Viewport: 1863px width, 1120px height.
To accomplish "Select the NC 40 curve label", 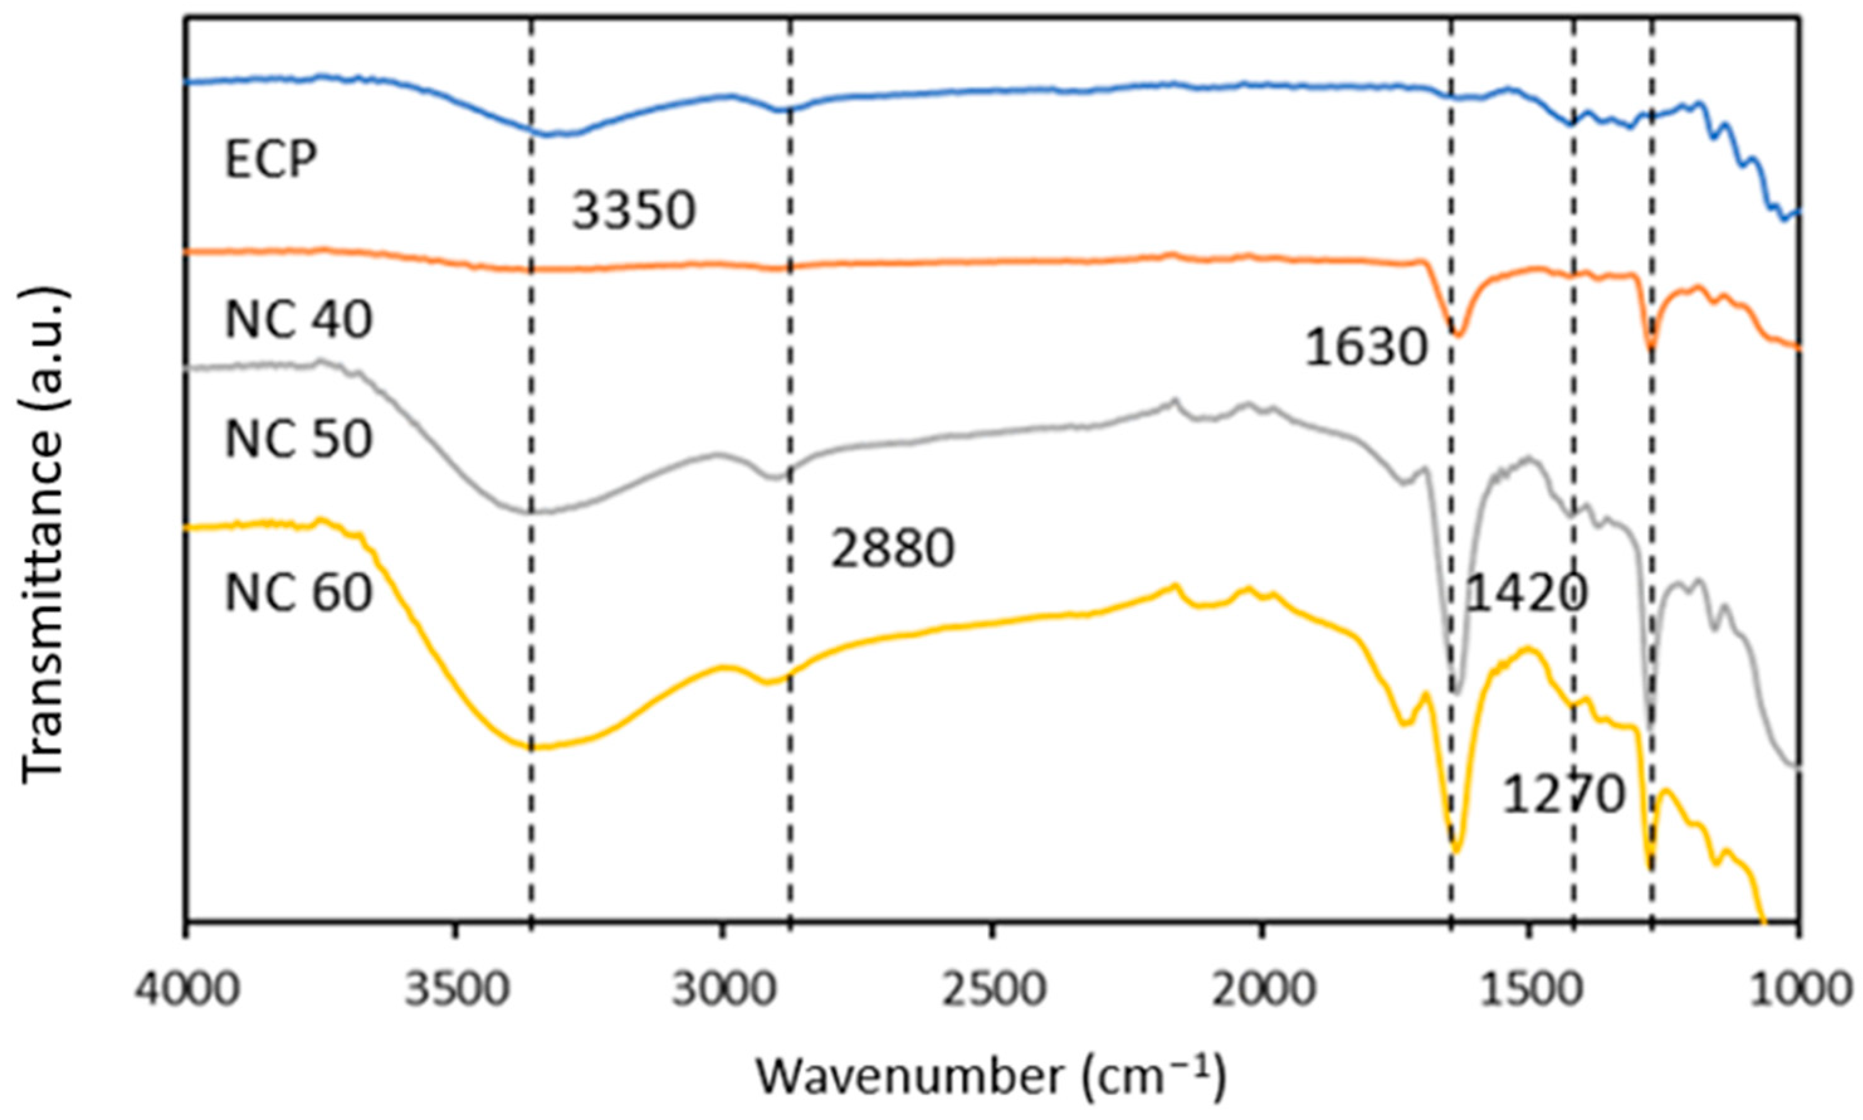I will tap(299, 320).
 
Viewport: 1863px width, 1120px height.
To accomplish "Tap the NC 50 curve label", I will tap(299, 439).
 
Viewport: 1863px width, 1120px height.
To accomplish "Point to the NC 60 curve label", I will tap(299, 593).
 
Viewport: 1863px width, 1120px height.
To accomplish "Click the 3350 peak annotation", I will tap(633, 211).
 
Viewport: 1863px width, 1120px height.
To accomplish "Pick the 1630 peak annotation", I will tap(1366, 348).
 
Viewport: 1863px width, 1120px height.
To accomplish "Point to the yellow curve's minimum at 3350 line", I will tap(533, 748).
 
